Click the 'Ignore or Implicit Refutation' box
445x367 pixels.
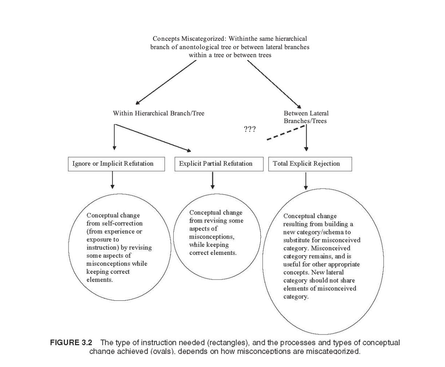116,164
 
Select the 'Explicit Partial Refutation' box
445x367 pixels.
219,164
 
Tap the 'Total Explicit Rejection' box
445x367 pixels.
310,164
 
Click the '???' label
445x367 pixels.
250,129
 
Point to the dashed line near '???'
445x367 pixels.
286,133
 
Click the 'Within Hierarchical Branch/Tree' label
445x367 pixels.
158,113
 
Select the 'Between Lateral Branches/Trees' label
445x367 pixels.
306,117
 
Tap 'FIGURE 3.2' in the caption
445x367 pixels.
71,343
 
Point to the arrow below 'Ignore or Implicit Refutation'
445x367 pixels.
113,180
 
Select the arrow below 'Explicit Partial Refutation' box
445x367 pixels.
213,180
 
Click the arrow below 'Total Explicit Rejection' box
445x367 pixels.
306,181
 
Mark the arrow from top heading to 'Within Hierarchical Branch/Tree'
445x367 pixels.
166,82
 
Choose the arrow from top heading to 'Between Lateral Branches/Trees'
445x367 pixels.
274,84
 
